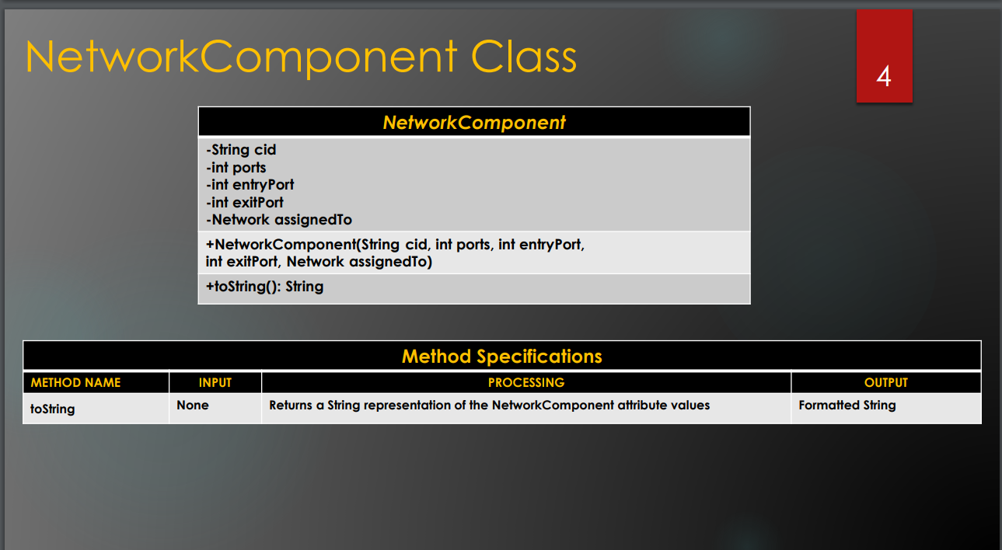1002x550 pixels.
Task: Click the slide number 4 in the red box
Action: pyautogui.click(x=884, y=76)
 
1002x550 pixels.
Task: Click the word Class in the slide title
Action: pyautogui.click(x=524, y=57)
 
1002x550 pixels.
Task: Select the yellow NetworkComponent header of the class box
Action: pyautogui.click(x=474, y=123)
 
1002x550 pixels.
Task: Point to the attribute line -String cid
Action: pyautogui.click(x=241, y=150)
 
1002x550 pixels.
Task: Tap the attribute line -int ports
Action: pyautogui.click(x=236, y=168)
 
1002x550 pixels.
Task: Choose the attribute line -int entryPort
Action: pyautogui.click(x=250, y=185)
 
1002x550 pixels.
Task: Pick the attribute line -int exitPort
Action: pyautogui.click(x=245, y=203)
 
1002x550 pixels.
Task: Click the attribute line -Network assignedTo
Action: pyautogui.click(x=279, y=220)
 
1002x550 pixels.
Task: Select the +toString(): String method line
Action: pyautogui.click(x=264, y=287)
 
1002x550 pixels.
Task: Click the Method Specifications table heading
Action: pyautogui.click(x=502, y=357)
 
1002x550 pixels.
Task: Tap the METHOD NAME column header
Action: pyautogui.click(x=75, y=383)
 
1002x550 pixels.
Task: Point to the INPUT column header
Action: pyautogui.click(x=215, y=383)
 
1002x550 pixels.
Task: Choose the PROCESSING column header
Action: pyautogui.click(x=526, y=383)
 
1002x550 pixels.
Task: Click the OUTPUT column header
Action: pyautogui.click(x=885, y=383)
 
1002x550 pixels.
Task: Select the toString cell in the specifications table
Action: pyautogui.click(x=52, y=409)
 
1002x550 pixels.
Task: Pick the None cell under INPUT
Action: pyautogui.click(x=193, y=406)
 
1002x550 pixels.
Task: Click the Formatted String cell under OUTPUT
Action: pyautogui.click(x=847, y=406)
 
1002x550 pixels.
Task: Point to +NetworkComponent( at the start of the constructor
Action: pyautogui.click(x=281, y=245)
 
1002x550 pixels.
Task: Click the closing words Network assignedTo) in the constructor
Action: pyautogui.click(x=359, y=262)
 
